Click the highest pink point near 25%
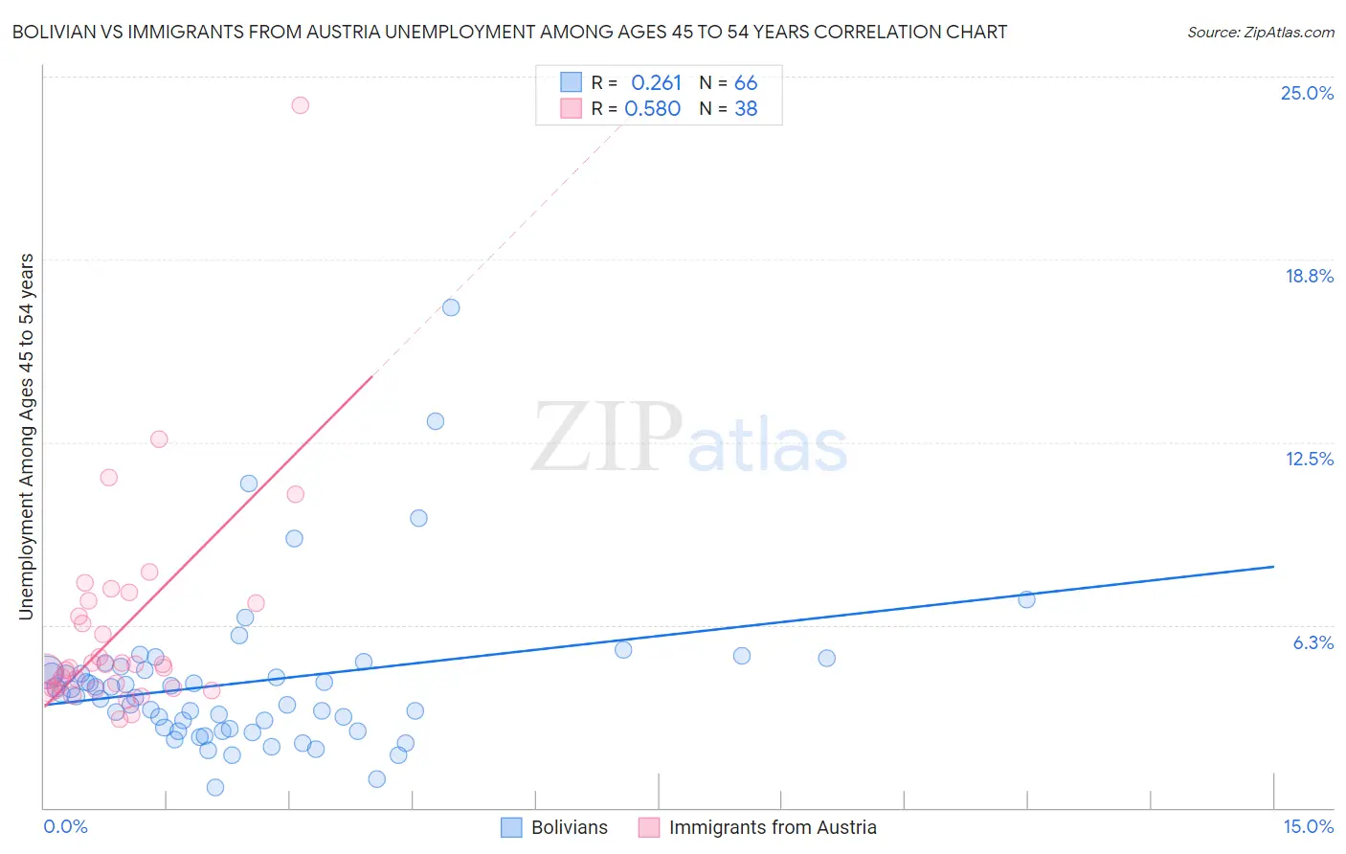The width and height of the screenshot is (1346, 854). [x=300, y=105]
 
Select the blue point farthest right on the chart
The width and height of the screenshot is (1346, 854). [x=1026, y=599]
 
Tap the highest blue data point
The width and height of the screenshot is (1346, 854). [x=451, y=307]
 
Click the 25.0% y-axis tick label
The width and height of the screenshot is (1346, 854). [x=1307, y=94]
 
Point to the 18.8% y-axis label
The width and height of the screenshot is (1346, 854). [x=1309, y=277]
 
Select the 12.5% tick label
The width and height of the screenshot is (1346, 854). [x=1309, y=460]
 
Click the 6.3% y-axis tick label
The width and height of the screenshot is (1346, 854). [x=1312, y=642]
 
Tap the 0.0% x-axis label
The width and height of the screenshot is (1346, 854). [x=65, y=827]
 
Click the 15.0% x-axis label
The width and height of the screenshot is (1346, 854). [x=1308, y=827]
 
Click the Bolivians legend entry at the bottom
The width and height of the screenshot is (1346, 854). [x=569, y=828]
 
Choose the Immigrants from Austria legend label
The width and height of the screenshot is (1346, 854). [x=772, y=828]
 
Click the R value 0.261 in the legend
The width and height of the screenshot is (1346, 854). [x=656, y=83]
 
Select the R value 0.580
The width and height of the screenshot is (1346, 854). [x=653, y=109]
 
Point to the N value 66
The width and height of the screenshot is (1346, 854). [x=746, y=83]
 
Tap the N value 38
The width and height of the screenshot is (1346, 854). [x=746, y=109]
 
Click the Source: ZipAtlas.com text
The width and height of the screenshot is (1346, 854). [x=1260, y=33]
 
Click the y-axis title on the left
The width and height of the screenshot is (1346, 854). [x=27, y=437]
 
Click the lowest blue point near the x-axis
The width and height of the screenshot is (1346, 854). [x=215, y=787]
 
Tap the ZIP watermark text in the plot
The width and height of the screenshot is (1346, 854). [x=607, y=438]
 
